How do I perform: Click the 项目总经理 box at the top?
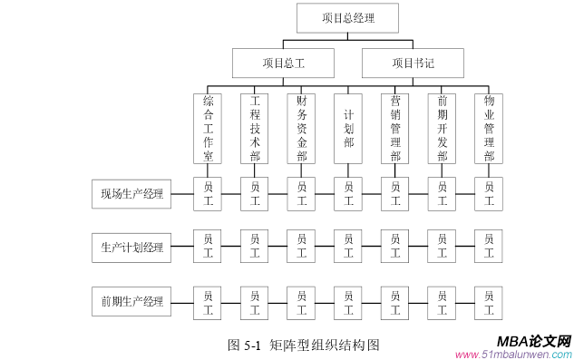tap(347, 17)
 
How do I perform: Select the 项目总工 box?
tap(283, 63)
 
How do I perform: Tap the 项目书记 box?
tap(413, 63)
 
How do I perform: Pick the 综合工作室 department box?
tap(208, 128)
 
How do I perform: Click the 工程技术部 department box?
tap(255, 128)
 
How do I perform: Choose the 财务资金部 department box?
tap(301, 128)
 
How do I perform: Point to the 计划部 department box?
tap(348, 128)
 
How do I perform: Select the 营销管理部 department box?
tap(394, 128)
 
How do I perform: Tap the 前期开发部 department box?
tap(442, 128)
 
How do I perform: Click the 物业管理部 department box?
tap(489, 128)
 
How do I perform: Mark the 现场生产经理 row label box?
tap(132, 194)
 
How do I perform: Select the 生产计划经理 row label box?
tap(132, 247)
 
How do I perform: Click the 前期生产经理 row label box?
tap(132, 301)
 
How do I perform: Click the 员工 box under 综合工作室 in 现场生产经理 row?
tap(208, 194)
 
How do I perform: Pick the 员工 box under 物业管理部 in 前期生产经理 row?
tap(489, 301)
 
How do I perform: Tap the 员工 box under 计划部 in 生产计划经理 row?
tap(348, 247)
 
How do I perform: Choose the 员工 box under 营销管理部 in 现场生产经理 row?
tap(394, 194)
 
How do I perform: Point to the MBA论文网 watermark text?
tap(534, 341)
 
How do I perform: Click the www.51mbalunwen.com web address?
tap(512, 355)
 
